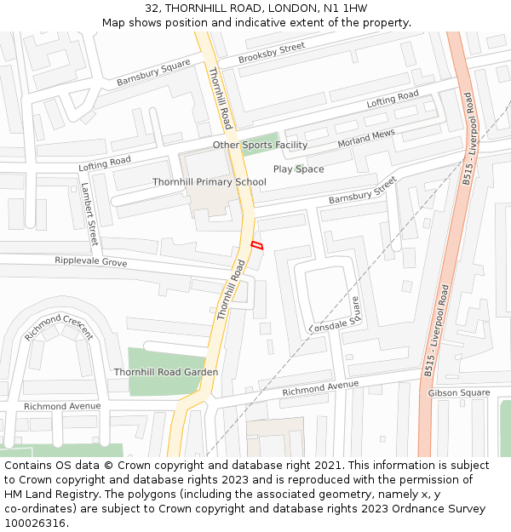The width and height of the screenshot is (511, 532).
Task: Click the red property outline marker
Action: pos(256,245)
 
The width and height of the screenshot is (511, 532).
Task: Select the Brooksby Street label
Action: pos(271,53)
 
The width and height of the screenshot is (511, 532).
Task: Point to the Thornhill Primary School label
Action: pos(210,182)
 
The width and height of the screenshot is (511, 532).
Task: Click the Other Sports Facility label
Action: pos(260,146)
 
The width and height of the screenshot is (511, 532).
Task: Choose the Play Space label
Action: pos(298,169)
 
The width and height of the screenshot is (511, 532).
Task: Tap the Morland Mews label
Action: pos(366,139)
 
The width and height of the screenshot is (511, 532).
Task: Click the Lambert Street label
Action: pos(89,214)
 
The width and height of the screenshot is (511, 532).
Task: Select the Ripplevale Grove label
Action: pos(91,262)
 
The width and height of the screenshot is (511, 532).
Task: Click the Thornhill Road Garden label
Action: pos(166,372)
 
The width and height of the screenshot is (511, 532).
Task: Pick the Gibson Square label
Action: pos(459,392)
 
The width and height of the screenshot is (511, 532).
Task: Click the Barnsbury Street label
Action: pos(363,191)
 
